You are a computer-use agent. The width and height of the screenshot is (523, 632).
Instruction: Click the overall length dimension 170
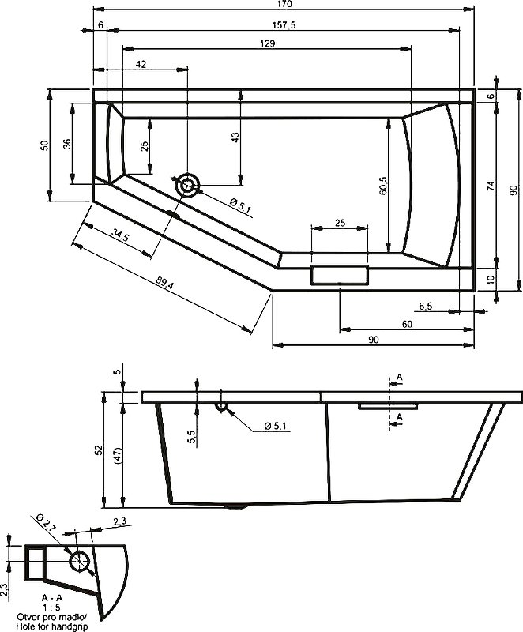(x=284, y=4)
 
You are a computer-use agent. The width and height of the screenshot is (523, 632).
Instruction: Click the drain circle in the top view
(x=188, y=186)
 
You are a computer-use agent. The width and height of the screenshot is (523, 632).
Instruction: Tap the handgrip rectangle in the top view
(x=340, y=276)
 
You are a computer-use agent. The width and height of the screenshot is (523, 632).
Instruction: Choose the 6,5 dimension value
(x=424, y=306)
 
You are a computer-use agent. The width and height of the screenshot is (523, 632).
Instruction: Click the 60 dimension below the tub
(x=407, y=325)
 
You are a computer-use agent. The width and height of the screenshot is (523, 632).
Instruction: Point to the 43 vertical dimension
(x=235, y=137)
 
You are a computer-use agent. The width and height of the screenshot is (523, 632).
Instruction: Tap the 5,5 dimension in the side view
(x=192, y=438)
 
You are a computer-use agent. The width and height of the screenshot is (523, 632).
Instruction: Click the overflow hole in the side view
(x=221, y=407)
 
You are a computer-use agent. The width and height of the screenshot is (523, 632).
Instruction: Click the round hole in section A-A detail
(x=79, y=562)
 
